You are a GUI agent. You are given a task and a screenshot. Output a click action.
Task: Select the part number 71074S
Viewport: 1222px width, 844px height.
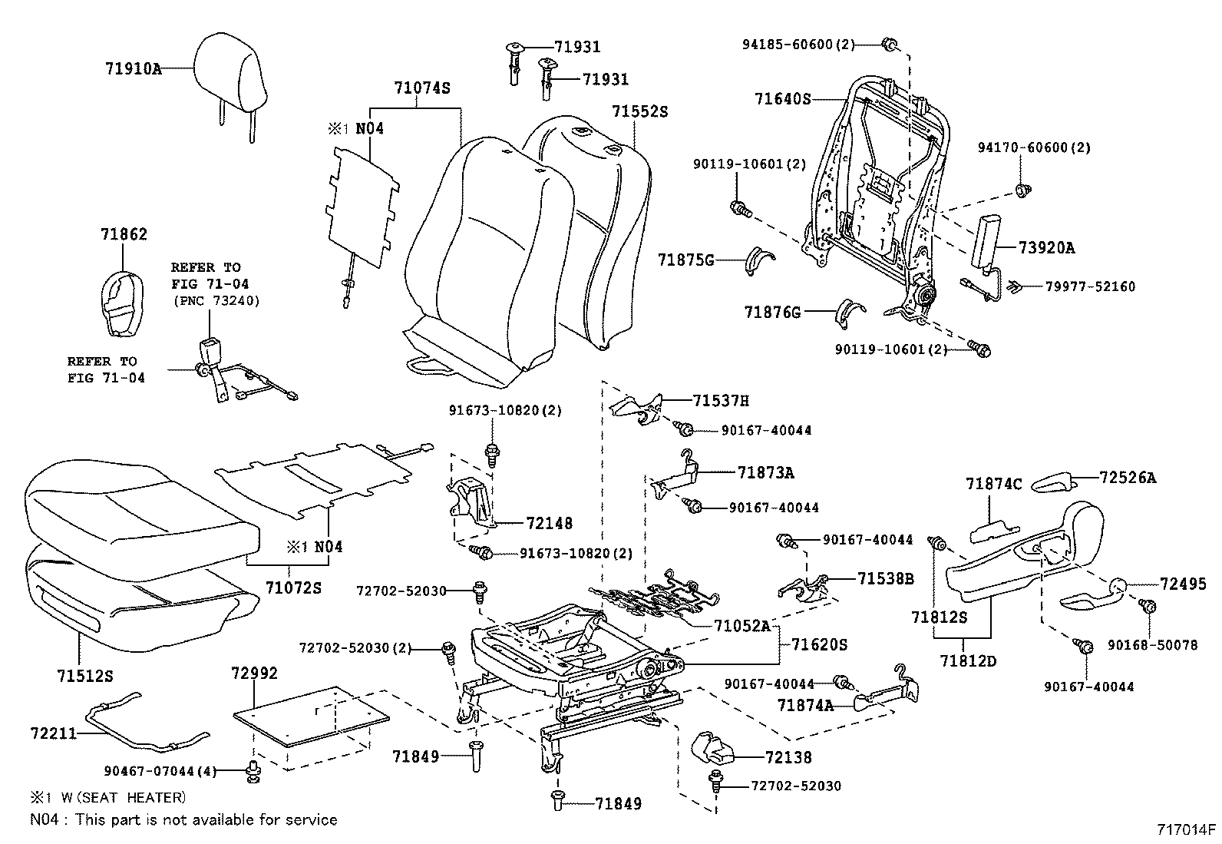tap(421, 88)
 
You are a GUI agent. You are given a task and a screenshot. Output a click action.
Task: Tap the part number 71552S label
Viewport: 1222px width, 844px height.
tap(639, 112)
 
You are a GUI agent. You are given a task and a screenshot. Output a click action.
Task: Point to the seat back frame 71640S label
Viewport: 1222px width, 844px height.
tap(782, 99)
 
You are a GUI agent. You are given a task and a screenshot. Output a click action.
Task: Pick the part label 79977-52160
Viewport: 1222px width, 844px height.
tap(1090, 286)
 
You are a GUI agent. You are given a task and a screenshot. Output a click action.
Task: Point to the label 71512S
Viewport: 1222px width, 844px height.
tap(84, 676)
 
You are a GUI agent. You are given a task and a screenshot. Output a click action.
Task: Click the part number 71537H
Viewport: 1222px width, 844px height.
tap(720, 401)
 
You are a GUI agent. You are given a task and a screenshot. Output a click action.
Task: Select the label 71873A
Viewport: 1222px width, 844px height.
tap(765, 473)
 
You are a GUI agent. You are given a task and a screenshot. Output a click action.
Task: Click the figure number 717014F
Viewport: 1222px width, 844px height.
tap(1187, 829)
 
